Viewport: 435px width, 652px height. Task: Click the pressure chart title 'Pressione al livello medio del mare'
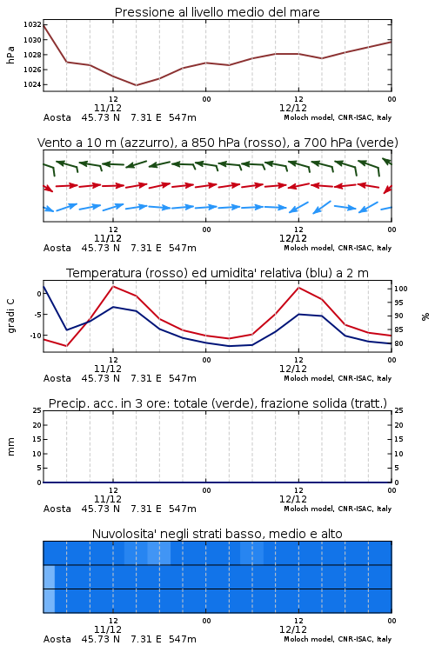(x=217, y=12)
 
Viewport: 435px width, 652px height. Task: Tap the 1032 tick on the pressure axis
(x=33, y=25)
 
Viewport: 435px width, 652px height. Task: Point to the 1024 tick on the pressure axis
(x=33, y=84)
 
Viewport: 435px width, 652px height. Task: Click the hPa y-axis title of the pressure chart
(x=10, y=55)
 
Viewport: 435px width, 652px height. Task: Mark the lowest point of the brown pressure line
(x=136, y=85)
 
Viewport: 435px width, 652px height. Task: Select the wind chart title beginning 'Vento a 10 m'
(x=217, y=143)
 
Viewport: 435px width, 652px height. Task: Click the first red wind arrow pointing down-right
(x=49, y=188)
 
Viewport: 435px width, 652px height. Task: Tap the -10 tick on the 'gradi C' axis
(x=35, y=336)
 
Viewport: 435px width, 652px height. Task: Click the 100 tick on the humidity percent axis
(x=401, y=289)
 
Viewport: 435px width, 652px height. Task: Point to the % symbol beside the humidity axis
(x=425, y=316)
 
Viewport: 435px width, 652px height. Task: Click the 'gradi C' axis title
(x=10, y=316)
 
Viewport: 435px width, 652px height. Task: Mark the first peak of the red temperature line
(x=113, y=286)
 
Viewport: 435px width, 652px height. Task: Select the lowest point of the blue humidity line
(x=230, y=346)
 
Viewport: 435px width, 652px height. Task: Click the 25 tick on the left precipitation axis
(x=37, y=410)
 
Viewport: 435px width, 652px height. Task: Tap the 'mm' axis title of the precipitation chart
(x=10, y=447)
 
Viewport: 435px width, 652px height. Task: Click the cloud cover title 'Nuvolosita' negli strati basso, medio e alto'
(x=217, y=534)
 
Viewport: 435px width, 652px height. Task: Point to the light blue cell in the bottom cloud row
(x=49, y=601)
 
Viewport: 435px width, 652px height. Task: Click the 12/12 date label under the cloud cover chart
(x=293, y=629)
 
